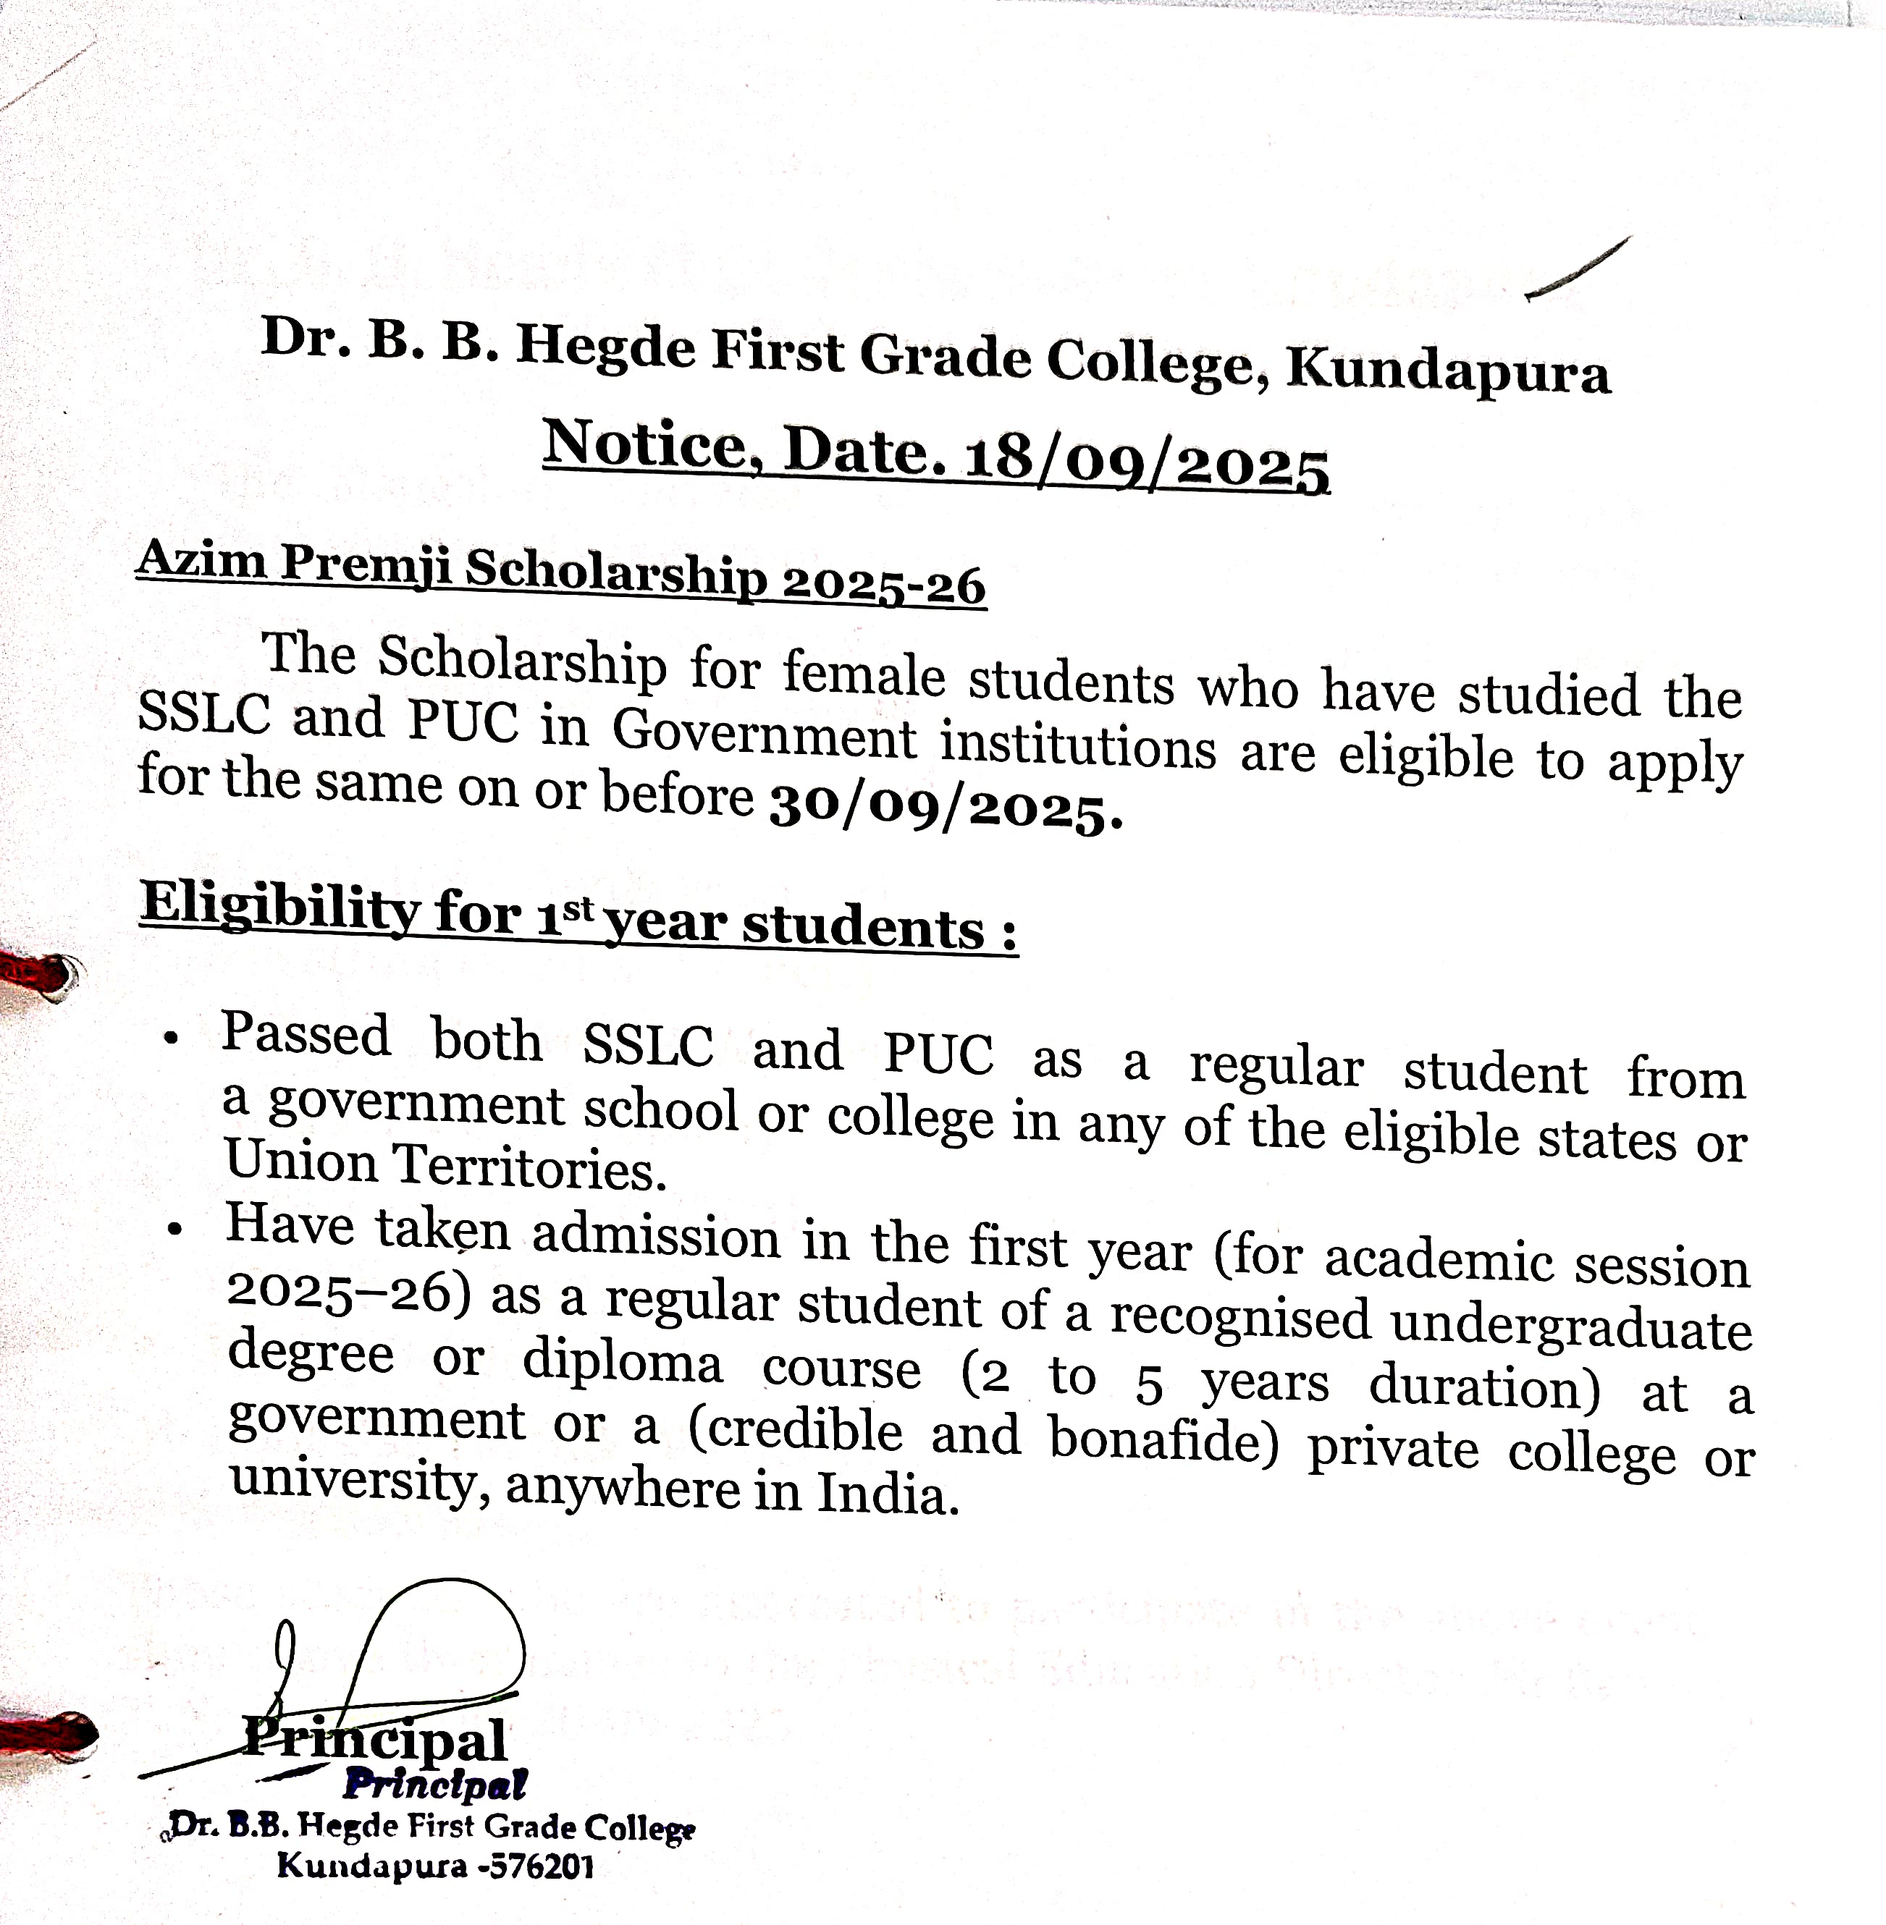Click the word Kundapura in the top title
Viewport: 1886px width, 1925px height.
click(x=1447, y=371)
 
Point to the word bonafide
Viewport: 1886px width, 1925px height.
click(x=1164, y=1441)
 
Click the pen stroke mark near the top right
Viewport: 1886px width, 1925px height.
click(x=1577, y=267)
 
